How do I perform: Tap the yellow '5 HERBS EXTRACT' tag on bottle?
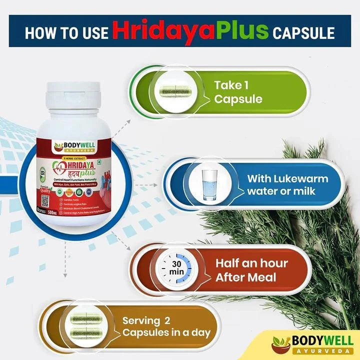coord(78,159)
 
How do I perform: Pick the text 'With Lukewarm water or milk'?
coord(287,185)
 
